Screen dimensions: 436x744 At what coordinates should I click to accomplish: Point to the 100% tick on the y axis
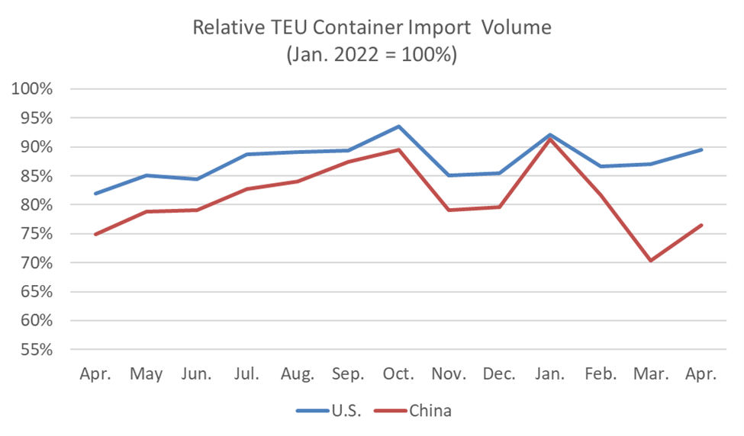tap(32, 89)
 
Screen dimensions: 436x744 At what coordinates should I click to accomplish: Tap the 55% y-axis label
tap(32, 350)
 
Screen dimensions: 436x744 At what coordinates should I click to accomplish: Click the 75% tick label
tap(32, 234)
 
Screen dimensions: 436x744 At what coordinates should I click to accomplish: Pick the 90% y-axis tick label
tap(32, 147)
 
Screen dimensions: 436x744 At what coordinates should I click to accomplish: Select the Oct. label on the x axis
tap(398, 374)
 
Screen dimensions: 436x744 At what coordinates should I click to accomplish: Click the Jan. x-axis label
tap(550, 374)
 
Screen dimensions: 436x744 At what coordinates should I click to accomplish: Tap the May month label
tap(146, 374)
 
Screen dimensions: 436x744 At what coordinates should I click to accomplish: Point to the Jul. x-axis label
tap(246, 374)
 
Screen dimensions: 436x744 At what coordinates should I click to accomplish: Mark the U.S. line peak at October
tap(398, 127)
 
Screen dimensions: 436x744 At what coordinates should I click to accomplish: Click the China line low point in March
tap(651, 261)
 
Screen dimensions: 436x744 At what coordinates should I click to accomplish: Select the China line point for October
tap(398, 149)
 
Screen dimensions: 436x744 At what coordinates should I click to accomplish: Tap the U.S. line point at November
tap(449, 175)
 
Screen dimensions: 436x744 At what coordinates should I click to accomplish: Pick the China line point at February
tap(601, 195)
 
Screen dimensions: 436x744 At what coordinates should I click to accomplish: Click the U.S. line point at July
tap(246, 154)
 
